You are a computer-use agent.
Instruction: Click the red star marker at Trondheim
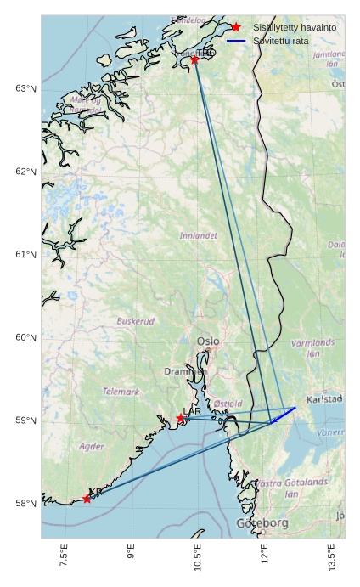point(194,59)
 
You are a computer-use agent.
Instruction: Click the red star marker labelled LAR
point(181,418)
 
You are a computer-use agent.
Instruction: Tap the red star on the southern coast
point(87,499)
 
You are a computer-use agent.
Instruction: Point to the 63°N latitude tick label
point(25,89)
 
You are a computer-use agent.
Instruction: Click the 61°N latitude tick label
point(25,255)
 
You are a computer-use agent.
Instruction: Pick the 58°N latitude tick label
point(25,504)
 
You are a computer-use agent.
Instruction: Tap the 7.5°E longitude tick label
point(64,556)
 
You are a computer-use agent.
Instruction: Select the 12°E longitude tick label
point(265,555)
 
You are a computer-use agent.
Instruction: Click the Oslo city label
point(208,341)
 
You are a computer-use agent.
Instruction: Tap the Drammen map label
point(184,371)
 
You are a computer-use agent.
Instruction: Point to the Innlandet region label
point(199,235)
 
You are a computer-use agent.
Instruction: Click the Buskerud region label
point(136,322)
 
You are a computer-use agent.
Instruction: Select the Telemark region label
point(121,392)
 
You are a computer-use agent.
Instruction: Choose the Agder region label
point(92,446)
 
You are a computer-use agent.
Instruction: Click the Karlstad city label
point(324,398)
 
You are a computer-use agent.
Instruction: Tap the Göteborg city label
point(262,522)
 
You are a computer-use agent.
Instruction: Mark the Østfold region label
point(228,404)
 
